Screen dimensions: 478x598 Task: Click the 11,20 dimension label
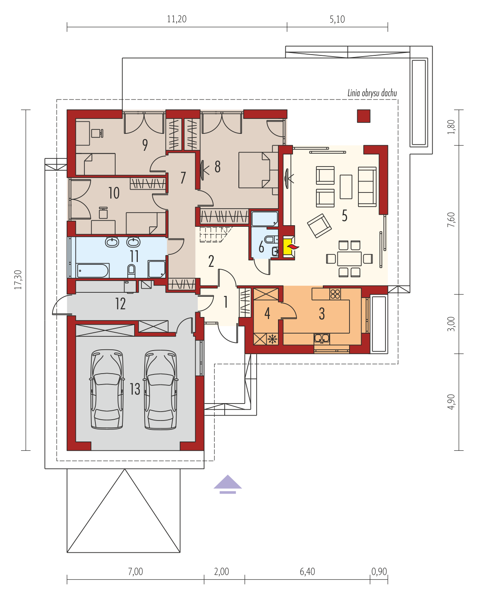point(177,19)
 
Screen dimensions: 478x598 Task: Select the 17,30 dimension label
point(18,279)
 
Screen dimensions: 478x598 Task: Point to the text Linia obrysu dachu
point(372,93)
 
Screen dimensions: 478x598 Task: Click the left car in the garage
point(107,390)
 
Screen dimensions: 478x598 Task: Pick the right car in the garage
point(160,390)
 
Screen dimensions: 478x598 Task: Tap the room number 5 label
point(344,216)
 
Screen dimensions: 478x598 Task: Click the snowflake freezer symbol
point(272,339)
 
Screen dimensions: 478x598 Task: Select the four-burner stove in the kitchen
point(335,294)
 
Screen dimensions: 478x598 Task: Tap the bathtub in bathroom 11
point(93,270)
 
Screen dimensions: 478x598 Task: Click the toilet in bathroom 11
point(131,271)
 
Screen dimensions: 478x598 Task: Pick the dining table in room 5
point(349,259)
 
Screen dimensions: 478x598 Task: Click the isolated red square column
point(364,116)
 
